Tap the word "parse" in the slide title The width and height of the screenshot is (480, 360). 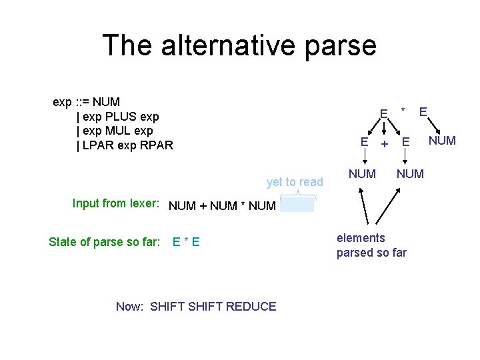point(345,45)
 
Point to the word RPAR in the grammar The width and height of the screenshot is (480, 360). point(156,145)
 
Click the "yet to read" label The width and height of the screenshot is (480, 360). point(295,182)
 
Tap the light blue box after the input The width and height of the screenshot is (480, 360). point(297,205)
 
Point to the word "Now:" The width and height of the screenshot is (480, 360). point(131,307)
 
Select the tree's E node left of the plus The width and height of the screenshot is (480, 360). point(364,141)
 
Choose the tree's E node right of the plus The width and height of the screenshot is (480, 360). point(405,141)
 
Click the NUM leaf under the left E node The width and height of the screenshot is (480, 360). point(362,174)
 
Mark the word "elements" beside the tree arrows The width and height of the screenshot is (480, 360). point(361,238)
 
